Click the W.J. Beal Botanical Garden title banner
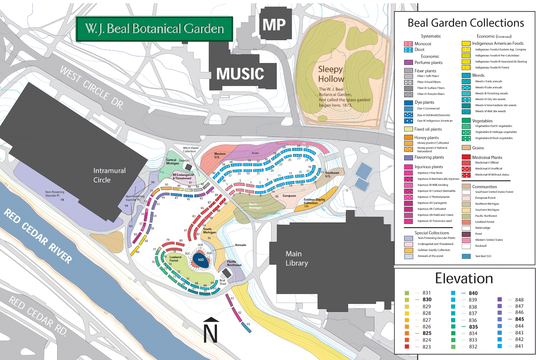tap(154, 29)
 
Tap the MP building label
tap(274, 25)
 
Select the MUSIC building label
tap(240, 74)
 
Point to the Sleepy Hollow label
tap(331, 74)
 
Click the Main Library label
tap(296, 258)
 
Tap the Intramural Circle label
tap(109, 175)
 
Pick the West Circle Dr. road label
tap(92, 88)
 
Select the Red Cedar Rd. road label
tap(38, 316)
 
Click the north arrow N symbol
tap(211, 330)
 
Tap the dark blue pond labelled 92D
tap(201, 260)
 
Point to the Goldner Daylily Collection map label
tap(314, 201)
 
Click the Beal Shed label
tap(223, 282)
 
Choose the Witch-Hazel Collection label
tap(190, 149)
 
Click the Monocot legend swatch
tap(408, 44)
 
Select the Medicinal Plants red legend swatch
tap(466, 157)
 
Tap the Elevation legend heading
tap(464, 279)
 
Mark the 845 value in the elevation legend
tap(519, 319)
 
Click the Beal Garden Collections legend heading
tap(466, 23)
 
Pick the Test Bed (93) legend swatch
tap(466, 256)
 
